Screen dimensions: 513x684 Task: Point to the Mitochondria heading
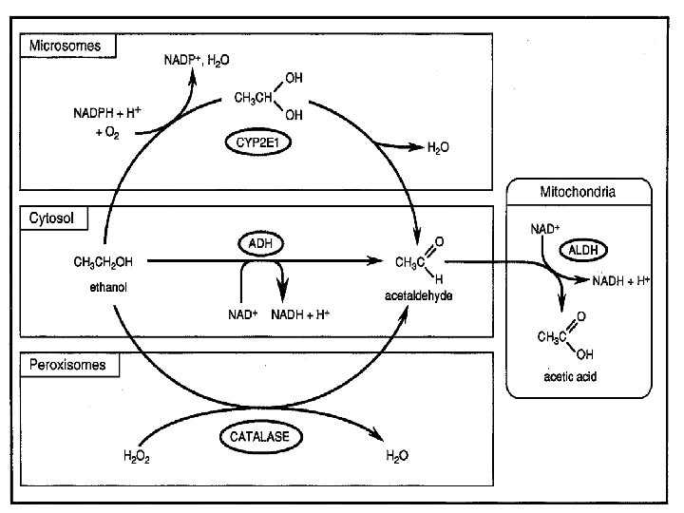pos(577,192)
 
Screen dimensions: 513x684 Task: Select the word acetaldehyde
pos(418,295)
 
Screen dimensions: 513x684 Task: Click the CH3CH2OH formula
pos(103,260)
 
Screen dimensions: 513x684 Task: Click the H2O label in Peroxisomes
pos(397,456)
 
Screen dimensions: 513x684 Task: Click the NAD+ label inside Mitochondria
pos(545,229)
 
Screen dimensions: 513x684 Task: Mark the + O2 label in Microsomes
pos(109,132)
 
